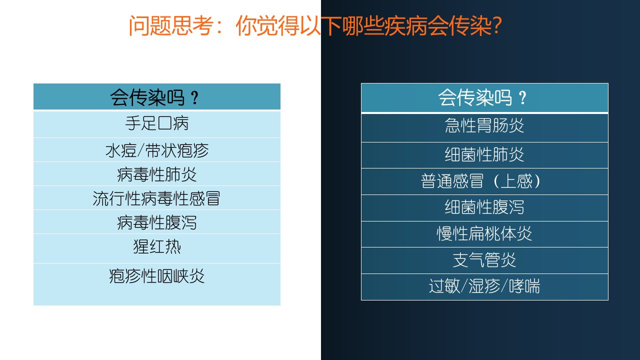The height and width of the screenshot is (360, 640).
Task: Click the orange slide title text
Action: pos(315,25)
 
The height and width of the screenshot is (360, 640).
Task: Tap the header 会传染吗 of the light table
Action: pos(157,96)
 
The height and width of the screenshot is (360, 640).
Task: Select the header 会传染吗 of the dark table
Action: pos(484,97)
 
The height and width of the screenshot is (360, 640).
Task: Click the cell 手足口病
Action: pos(157,124)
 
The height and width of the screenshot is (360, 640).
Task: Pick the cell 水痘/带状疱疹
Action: pos(157,150)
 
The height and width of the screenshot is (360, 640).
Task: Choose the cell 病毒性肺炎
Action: pos(157,174)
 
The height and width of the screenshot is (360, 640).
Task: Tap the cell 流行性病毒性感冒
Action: pos(157,198)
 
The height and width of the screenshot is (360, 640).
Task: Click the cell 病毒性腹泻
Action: pos(157,222)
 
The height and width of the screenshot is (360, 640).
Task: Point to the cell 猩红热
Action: pos(157,248)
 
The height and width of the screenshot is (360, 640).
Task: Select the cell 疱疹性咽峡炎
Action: pos(157,284)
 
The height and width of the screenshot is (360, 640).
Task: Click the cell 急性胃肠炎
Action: pos(484,127)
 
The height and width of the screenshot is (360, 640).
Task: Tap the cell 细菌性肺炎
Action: pos(484,155)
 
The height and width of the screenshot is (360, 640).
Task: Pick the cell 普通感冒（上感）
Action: pos(484,181)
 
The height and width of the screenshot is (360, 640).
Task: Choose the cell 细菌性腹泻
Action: pos(484,208)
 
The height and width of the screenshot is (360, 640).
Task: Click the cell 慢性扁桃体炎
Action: pos(484,234)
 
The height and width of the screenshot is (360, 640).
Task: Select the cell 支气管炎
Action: pos(484,260)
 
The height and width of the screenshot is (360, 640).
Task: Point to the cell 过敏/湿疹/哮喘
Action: pos(484,287)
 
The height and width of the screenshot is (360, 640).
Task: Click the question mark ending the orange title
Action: pos(497,25)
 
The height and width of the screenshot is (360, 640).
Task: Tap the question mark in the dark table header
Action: pos(522,98)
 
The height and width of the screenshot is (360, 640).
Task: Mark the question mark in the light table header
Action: pos(194,98)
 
